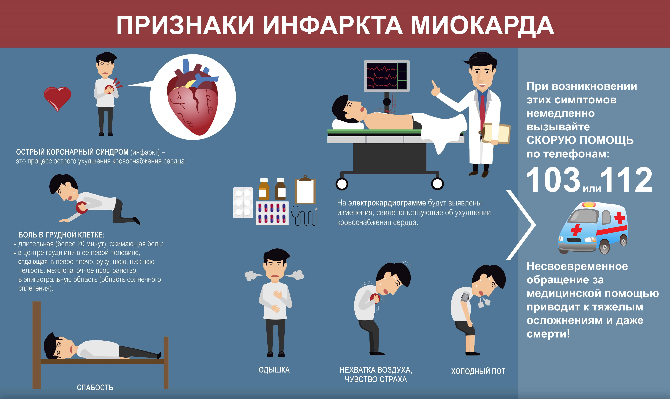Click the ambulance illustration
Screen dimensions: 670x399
(x=593, y=228)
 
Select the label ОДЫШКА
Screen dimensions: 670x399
(x=274, y=370)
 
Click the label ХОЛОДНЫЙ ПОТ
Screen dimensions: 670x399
(x=478, y=371)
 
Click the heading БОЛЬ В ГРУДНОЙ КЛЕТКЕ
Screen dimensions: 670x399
(x=61, y=235)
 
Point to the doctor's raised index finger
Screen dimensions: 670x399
(x=433, y=85)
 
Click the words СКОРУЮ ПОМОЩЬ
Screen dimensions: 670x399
(x=580, y=140)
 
